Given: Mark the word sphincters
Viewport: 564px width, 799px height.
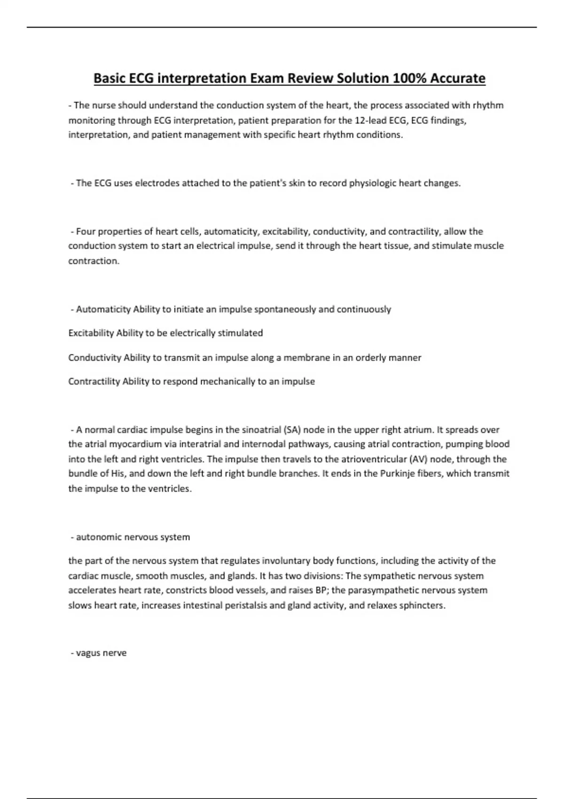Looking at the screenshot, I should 422,605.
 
